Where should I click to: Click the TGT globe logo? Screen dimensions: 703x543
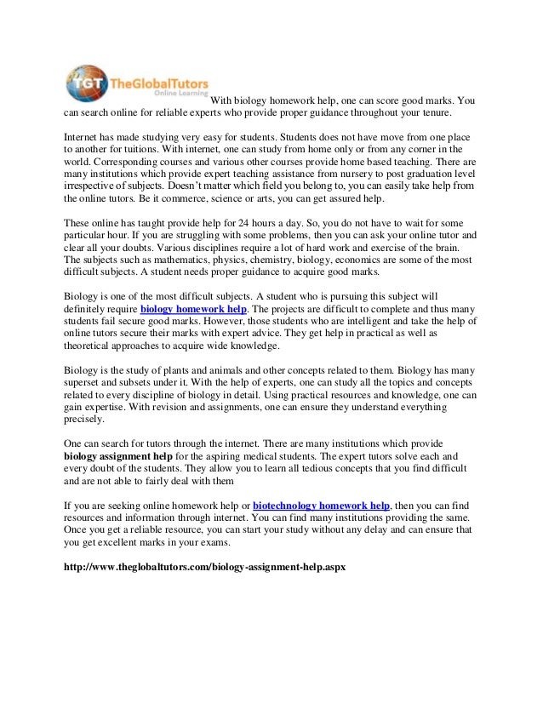86,83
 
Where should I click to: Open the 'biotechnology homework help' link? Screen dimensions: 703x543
321,505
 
